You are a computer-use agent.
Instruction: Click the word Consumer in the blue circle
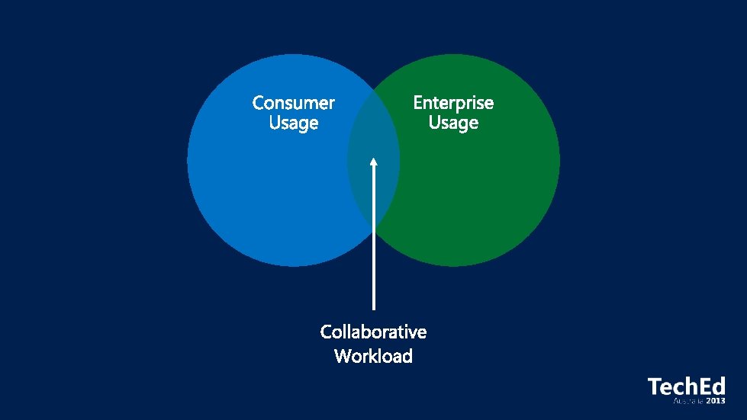(x=293, y=102)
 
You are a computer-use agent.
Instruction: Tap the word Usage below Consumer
(x=293, y=123)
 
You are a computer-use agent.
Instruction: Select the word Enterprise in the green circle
(x=453, y=102)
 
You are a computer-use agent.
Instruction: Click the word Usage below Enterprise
(x=453, y=123)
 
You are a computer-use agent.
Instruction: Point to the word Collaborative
(x=373, y=332)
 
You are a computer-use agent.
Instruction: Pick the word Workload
(x=373, y=356)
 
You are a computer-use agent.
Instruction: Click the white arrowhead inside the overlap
(x=373, y=162)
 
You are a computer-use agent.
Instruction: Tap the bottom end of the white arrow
(x=373, y=308)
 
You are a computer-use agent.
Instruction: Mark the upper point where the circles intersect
(x=373, y=91)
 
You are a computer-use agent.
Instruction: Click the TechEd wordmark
(x=686, y=386)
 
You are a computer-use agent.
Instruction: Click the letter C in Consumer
(x=259, y=102)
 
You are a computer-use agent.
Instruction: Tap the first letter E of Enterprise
(x=418, y=102)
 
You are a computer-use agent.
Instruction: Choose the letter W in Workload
(x=343, y=356)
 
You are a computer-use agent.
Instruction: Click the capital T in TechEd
(x=654, y=386)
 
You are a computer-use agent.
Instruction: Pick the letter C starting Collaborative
(x=327, y=332)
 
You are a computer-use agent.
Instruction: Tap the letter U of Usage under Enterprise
(x=434, y=123)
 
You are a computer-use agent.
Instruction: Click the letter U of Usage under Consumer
(x=275, y=123)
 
